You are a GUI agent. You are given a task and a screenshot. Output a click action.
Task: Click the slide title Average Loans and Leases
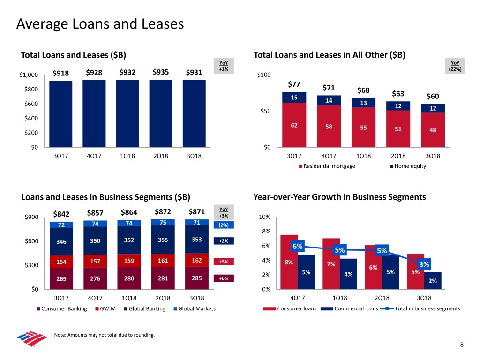tap(100, 23)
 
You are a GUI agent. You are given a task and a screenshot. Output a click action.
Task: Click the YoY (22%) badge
tap(455, 67)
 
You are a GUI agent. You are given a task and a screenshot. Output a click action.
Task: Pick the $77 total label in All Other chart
tap(294, 84)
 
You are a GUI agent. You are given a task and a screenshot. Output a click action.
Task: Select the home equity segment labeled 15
tap(294, 97)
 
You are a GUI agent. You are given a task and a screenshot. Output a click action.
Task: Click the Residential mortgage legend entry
tap(327, 166)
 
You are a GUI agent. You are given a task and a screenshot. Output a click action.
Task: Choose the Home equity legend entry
tap(408, 166)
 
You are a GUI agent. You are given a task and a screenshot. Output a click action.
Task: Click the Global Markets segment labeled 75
tap(163, 223)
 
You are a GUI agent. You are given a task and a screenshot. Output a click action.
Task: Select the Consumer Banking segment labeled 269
tap(61, 278)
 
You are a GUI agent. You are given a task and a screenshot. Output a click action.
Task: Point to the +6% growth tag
tap(224, 278)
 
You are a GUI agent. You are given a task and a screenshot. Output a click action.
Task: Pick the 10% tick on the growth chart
tap(264, 217)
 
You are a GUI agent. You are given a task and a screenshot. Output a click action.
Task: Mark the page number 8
tap(462, 345)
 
